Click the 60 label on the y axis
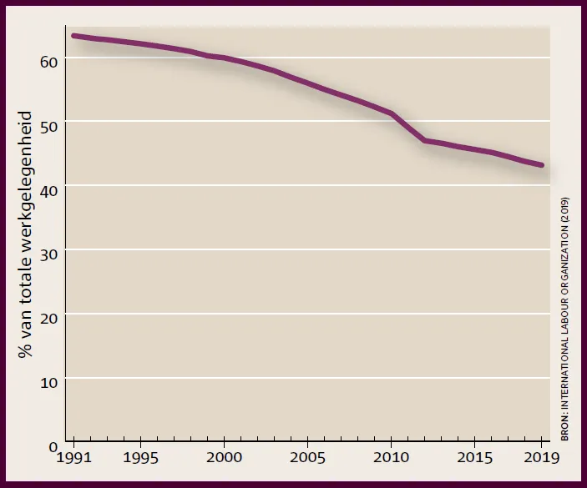pos(48,62)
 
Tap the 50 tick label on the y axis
pos(48,127)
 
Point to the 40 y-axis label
pos(48,191)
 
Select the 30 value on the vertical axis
pos(48,254)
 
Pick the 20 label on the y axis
pos(48,319)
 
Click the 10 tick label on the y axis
pos(48,383)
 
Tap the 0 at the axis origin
pos(53,446)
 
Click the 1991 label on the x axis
pos(73,457)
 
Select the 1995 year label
pos(140,457)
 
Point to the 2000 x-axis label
pos(224,457)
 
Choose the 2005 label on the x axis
pos(307,457)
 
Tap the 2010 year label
pos(391,457)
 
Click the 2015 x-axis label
pos(474,457)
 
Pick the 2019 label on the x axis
pos(541,457)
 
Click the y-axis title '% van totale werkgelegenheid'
pos(25,234)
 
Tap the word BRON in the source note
pos(564,430)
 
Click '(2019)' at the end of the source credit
pos(564,209)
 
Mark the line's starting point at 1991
pos(73,36)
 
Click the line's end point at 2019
pos(541,165)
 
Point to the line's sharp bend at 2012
pos(424,140)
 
